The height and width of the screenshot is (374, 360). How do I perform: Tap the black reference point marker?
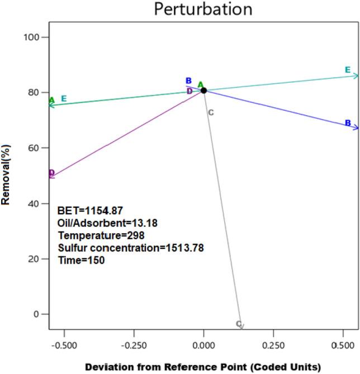(x=204, y=90)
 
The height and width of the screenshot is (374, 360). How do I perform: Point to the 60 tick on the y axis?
(x=33, y=148)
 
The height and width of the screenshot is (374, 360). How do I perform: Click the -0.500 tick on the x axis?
(x=65, y=347)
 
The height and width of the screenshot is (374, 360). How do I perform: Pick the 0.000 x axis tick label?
(x=204, y=347)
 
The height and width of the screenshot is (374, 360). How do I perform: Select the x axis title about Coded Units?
(x=203, y=367)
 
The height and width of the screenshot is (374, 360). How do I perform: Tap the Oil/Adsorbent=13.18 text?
(x=107, y=223)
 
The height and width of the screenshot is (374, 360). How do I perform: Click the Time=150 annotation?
(x=82, y=260)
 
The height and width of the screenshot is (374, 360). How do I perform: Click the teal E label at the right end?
(x=348, y=70)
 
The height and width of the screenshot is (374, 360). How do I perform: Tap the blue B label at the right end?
(x=348, y=123)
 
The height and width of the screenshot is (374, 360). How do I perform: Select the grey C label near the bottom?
(x=238, y=324)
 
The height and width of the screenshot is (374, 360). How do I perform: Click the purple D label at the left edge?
(x=51, y=173)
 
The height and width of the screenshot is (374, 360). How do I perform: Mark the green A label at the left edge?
(x=51, y=101)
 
